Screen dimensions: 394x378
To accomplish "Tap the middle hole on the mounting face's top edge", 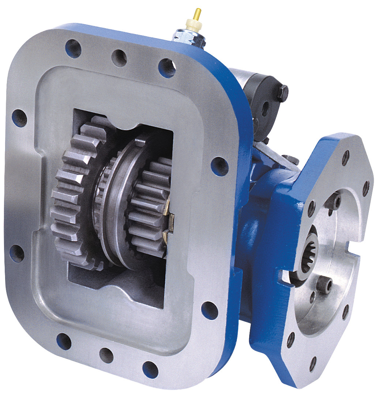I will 119,58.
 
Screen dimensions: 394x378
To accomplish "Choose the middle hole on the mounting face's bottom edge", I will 106,355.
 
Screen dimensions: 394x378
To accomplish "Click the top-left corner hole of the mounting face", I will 73,48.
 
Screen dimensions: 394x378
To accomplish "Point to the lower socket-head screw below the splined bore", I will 324,284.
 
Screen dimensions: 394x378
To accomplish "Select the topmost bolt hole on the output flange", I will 345,158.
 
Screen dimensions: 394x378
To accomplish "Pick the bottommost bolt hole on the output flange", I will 313,363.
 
